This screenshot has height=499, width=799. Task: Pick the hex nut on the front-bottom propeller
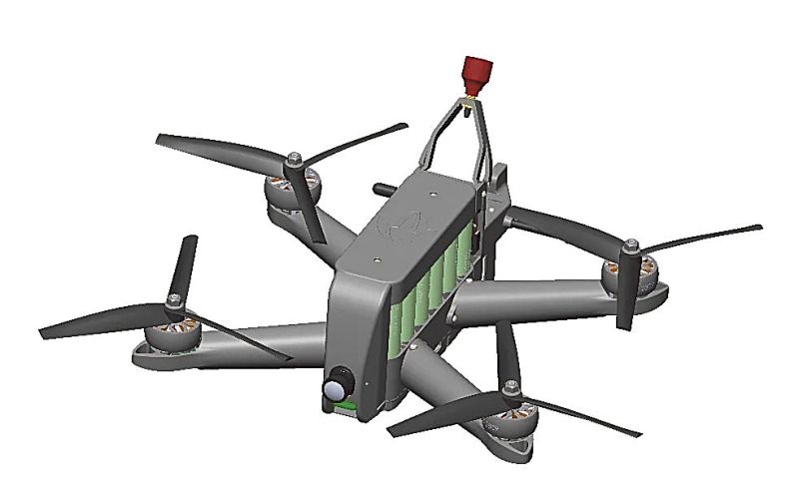click(511, 387)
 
